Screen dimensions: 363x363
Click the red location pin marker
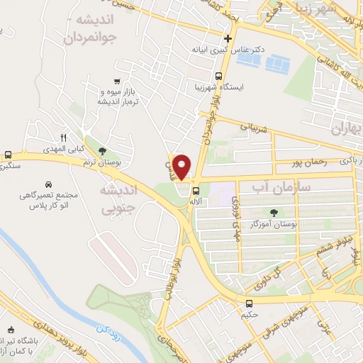point(182,165)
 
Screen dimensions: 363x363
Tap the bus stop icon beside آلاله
point(196,190)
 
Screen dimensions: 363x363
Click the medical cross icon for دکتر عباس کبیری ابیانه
point(227,39)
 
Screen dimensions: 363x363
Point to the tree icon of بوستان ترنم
point(103,151)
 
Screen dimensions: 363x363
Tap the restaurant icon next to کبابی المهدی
point(63,138)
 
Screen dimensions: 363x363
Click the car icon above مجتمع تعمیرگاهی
point(48,183)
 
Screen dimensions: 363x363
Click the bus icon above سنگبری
point(8,155)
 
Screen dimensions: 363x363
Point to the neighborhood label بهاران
point(346,128)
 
